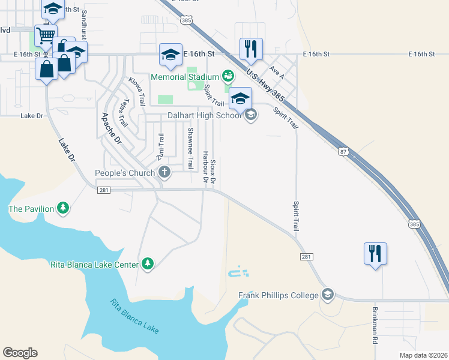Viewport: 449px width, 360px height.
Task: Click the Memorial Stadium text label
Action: (184, 77)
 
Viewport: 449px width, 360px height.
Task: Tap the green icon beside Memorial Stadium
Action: (228, 76)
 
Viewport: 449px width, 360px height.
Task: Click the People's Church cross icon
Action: (164, 173)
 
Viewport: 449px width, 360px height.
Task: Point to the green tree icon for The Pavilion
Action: (63, 208)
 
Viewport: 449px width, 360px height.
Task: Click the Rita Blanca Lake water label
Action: (134, 316)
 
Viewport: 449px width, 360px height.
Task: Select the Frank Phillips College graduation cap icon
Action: (327, 295)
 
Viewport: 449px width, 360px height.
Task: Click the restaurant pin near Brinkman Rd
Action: (375, 254)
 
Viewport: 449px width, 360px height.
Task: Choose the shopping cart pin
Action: (45, 36)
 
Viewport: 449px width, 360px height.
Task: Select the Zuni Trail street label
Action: (160, 147)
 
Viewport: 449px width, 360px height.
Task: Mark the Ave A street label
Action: (277, 71)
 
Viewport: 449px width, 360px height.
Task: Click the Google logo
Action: (20, 353)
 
